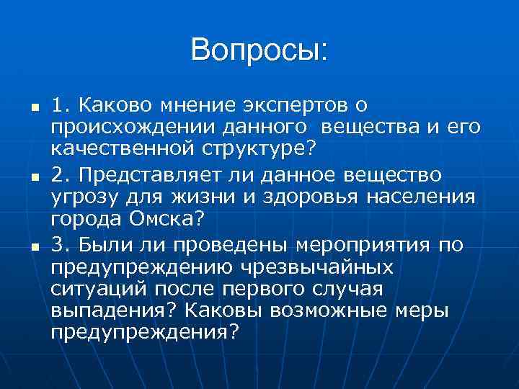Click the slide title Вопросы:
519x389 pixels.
tap(259, 50)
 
